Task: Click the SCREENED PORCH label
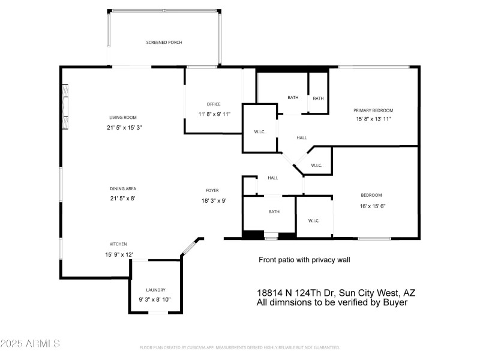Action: click(164, 43)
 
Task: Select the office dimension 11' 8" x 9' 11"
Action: click(214, 114)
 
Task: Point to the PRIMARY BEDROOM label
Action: click(373, 110)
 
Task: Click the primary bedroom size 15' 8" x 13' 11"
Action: click(373, 119)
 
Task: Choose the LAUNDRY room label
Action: click(155, 290)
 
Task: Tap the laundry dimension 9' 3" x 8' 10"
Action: click(155, 299)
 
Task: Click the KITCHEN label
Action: click(118, 244)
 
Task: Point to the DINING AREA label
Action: click(122, 188)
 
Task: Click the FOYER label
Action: click(213, 190)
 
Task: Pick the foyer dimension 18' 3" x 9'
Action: click(214, 201)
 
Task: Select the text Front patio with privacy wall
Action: click(304, 260)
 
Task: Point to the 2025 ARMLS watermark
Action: click(30, 344)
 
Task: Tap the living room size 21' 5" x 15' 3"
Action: click(125, 127)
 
